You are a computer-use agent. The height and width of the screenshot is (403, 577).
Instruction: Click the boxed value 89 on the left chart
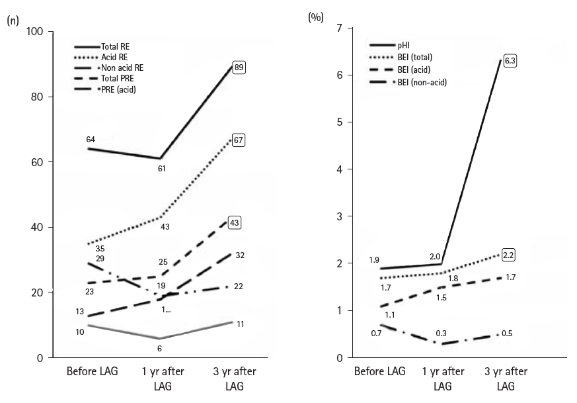pos(238,66)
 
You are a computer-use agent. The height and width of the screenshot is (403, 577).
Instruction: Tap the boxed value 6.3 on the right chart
pos(510,61)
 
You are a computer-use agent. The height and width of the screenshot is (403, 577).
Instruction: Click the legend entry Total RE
pos(116,47)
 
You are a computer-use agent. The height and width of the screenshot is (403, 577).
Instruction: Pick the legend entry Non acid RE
pos(122,67)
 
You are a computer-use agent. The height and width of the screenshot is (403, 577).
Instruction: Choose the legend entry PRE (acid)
pos(119,89)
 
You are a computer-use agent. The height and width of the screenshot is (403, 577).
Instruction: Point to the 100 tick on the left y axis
pos(34,32)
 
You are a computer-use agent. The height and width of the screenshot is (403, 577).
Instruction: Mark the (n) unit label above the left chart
pos(12,21)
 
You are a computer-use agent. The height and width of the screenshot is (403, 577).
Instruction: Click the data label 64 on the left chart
pos(91,140)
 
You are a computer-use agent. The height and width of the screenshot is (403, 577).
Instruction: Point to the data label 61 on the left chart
pos(161,169)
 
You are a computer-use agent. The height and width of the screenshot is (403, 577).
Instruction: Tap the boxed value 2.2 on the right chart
pos(510,254)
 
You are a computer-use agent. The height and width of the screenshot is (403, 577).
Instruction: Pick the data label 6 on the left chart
pos(159,348)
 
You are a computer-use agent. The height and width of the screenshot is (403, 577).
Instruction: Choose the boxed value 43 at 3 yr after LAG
pos(234,223)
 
